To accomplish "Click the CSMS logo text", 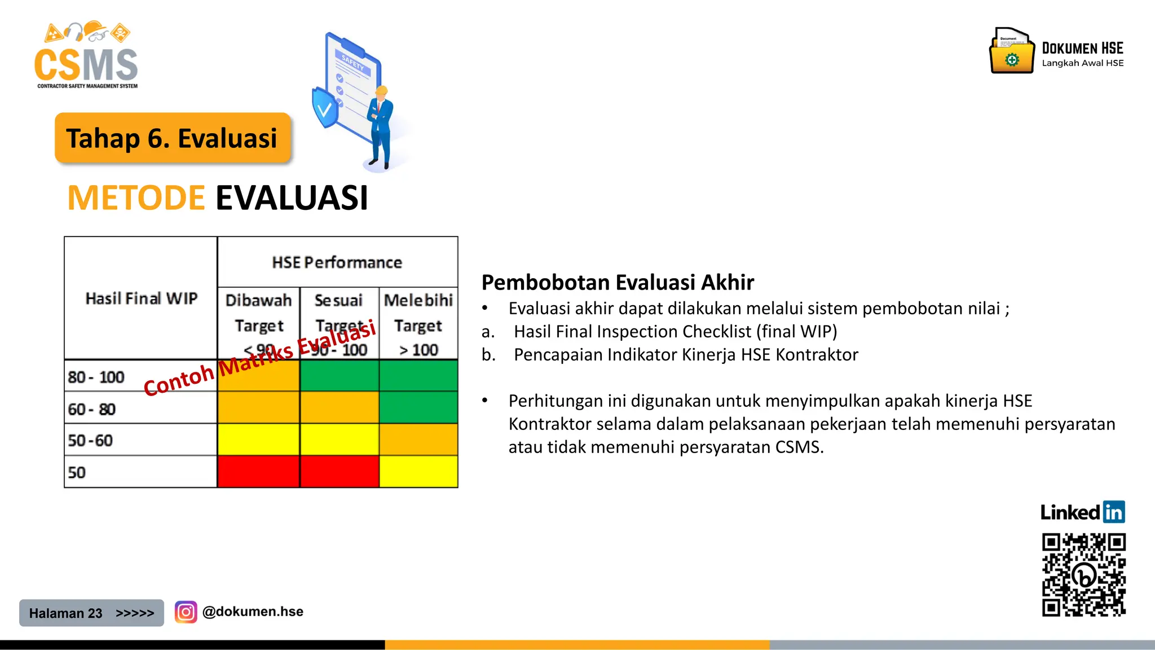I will coord(86,65).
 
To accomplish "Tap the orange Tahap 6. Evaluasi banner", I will coord(172,138).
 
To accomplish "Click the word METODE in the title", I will coord(136,198).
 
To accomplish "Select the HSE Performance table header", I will coord(337,262).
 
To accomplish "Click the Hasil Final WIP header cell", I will coord(141,298).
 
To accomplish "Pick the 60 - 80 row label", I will coord(92,409).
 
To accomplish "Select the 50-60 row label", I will coord(90,440).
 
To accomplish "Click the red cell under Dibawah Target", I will coord(258,472).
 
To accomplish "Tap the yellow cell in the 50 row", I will coord(418,472).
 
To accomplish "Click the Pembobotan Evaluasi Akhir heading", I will coord(618,282).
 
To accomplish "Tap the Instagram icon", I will coord(186,612).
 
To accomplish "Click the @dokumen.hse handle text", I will coord(253,612).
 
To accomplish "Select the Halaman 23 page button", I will coord(91,613).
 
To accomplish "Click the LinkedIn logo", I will coord(1082,512).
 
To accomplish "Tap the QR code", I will coord(1083,574).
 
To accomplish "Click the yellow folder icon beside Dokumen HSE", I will coord(1012,52).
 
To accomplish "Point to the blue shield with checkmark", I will coord(324,108).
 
